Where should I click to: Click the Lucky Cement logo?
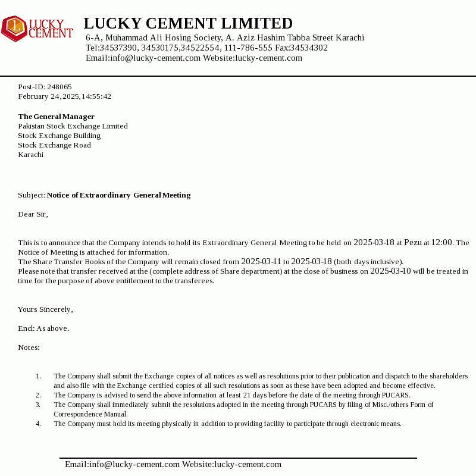coord(37,29)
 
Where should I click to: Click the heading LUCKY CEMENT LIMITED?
coord(188,23)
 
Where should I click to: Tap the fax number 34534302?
coord(309,48)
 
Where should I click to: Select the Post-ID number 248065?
coord(59,87)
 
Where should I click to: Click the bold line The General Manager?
coord(56,117)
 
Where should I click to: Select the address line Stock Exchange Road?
coord(54,145)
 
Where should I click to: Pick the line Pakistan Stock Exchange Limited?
coord(73,126)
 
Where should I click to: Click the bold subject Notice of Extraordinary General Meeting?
coord(119,195)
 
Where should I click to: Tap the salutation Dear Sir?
coord(33,214)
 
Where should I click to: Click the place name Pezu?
coord(413,242)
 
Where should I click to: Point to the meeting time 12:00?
coord(441,242)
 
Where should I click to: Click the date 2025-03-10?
coord(390,271)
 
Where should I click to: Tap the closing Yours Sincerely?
coord(45,309)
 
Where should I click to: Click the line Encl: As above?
coord(43,328)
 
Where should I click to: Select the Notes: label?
coord(29,347)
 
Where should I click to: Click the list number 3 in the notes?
coord(38,405)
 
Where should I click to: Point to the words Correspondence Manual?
coord(90,414)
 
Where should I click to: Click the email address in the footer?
coord(122,464)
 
